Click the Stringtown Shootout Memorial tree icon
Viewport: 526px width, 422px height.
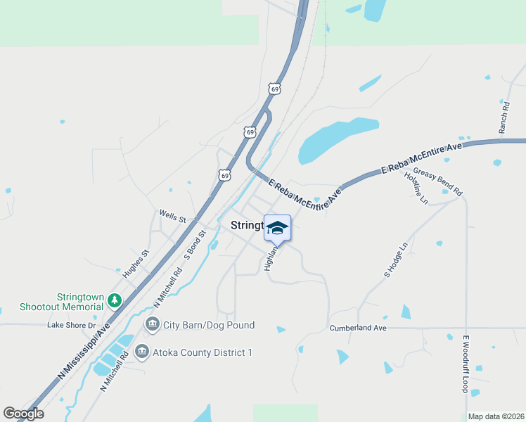(115, 300)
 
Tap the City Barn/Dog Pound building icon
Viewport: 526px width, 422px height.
(152, 324)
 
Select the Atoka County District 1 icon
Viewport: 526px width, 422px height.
(141, 351)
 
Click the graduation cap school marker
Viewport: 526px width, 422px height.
(277, 228)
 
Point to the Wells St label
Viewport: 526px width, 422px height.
(172, 216)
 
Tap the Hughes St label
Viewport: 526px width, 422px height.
(136, 262)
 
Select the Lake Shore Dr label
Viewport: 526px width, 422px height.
(71, 325)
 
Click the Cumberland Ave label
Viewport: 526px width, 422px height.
(358, 328)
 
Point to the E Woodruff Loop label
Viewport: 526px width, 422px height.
(465, 364)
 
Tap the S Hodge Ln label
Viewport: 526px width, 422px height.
(396, 261)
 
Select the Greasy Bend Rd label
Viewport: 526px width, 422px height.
(437, 181)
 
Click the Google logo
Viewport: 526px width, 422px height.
(23, 414)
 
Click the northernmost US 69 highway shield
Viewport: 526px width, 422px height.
(275, 89)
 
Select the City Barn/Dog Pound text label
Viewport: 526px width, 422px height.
(209, 325)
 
